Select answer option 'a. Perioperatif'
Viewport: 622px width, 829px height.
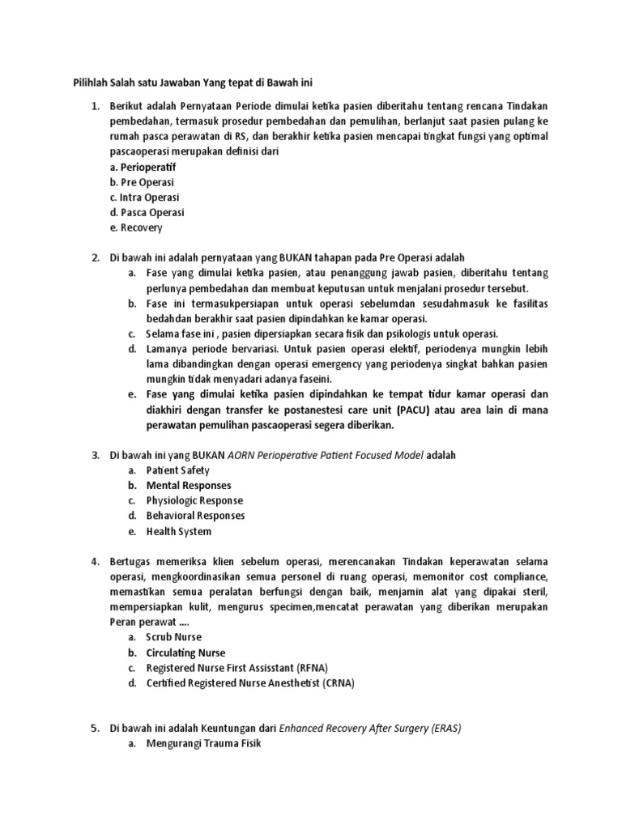coord(143,167)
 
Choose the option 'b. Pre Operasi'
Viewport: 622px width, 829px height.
coord(142,182)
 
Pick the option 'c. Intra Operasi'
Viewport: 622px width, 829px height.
coord(144,198)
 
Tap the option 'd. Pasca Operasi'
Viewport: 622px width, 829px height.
coord(147,213)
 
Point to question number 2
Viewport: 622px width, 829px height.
coord(95,257)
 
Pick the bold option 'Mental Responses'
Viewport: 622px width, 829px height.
coord(188,486)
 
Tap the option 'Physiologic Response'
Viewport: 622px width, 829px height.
coord(194,501)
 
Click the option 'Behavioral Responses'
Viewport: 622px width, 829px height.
coord(195,516)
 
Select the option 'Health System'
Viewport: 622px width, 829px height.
coord(178,532)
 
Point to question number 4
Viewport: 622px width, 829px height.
coord(95,561)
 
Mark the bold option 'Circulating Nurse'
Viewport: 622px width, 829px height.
coord(185,653)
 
